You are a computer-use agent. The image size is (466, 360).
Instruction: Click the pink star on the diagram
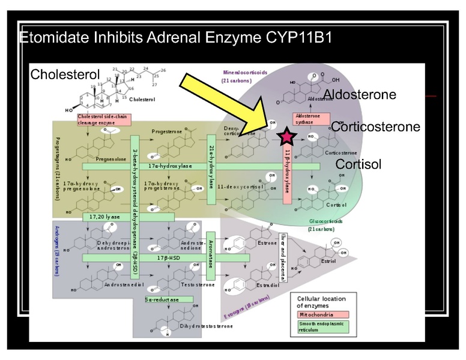(287, 137)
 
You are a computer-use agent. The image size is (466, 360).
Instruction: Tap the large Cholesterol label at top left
(64, 75)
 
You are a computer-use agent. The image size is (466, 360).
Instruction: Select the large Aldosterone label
(360, 95)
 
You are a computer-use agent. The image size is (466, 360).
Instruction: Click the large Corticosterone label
(375, 127)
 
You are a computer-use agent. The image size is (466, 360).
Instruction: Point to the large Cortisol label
(359, 164)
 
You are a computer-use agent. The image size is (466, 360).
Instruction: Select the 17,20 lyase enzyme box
(105, 216)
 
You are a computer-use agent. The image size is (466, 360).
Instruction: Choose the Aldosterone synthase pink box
(307, 119)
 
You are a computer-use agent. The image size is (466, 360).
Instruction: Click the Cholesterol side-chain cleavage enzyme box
(103, 119)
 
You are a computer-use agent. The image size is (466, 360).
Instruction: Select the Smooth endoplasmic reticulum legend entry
(322, 326)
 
